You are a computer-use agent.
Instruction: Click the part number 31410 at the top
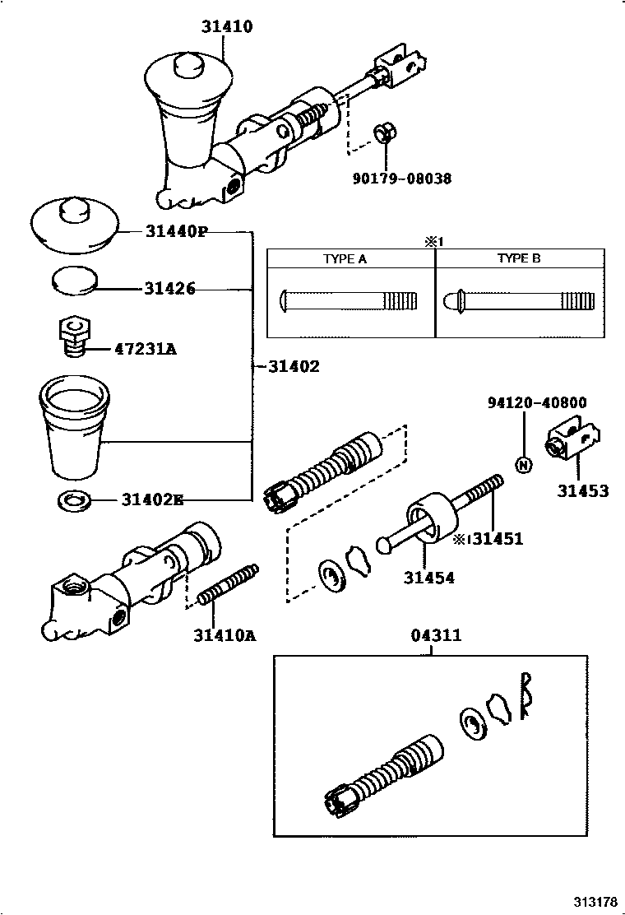point(226,27)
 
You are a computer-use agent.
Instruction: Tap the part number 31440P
point(175,232)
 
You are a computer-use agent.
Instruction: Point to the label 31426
point(169,289)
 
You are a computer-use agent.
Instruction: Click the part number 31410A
point(224,634)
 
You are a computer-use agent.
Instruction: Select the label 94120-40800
point(536,402)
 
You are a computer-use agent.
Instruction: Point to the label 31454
point(428,578)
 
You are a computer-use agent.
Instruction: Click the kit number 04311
point(435,635)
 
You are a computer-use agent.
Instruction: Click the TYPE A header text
point(345,258)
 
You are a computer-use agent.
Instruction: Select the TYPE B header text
point(519,258)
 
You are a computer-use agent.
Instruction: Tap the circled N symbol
point(524,465)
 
